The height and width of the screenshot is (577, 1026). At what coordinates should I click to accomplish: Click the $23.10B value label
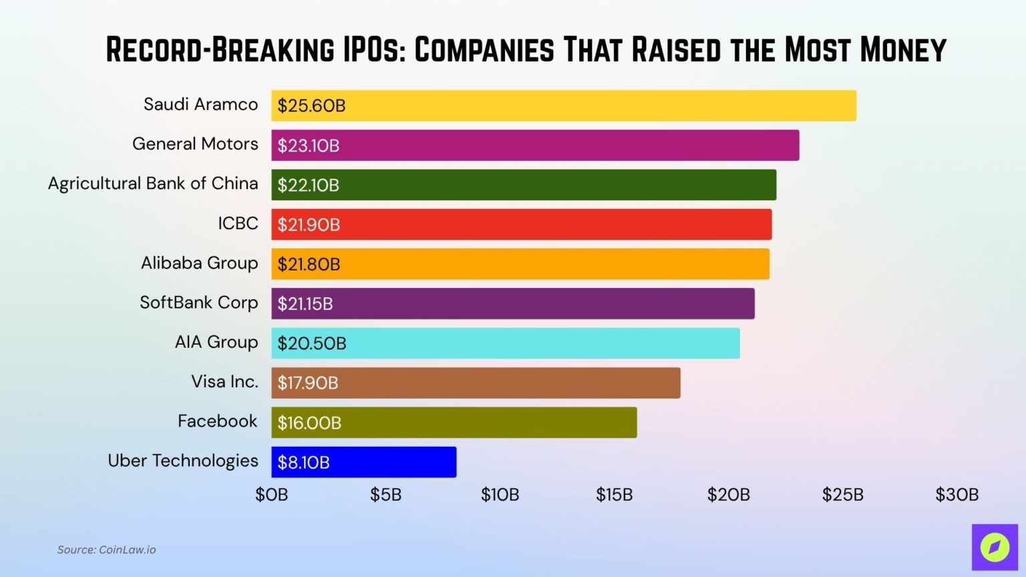coord(308,146)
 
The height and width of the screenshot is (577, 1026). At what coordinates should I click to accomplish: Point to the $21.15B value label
coord(305,304)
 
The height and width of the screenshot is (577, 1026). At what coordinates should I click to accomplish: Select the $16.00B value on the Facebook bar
coord(309,423)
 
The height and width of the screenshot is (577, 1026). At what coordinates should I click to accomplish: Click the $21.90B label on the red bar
coord(309,225)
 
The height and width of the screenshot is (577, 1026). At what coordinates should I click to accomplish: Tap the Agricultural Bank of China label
coord(153,184)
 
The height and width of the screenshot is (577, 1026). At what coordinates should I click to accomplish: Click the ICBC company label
coord(238,223)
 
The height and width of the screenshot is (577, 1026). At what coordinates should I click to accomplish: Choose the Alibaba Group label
coord(199,263)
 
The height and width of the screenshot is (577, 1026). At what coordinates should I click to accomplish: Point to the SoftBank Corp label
coord(198,303)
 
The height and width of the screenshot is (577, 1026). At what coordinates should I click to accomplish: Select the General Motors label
coord(195,144)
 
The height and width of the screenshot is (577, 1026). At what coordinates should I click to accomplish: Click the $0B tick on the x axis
coord(271,495)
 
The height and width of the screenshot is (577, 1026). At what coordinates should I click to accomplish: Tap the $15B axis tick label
coord(614,495)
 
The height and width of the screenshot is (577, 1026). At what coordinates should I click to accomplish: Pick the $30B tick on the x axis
coord(957,495)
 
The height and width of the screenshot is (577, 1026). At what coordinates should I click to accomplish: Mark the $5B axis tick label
coord(385,495)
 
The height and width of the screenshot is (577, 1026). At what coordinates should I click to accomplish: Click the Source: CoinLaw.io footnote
coord(106,550)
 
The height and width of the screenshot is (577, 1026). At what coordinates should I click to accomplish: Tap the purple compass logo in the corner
coord(995,547)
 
